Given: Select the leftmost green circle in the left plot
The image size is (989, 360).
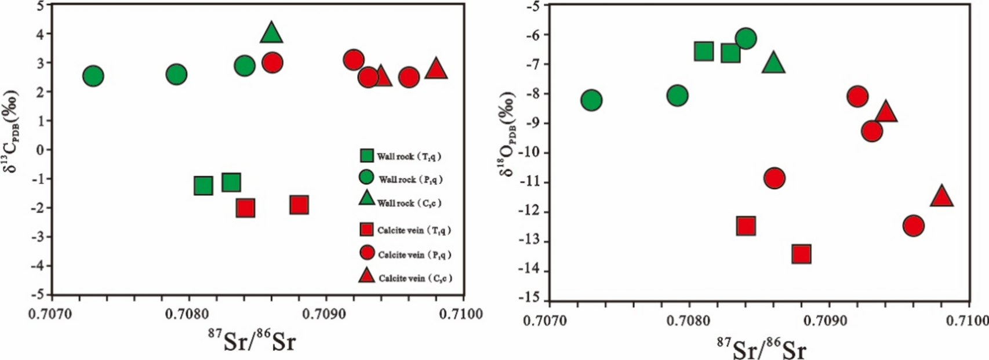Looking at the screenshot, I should tap(93, 76).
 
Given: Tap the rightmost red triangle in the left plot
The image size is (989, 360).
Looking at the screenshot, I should tap(436, 70).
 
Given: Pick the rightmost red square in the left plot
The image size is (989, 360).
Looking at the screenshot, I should tap(299, 205).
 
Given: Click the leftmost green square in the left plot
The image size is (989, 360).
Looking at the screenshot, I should tap(203, 186).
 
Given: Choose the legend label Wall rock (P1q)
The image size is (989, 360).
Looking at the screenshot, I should tap(410, 180).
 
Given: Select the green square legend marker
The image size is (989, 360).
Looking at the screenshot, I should tap(366, 155).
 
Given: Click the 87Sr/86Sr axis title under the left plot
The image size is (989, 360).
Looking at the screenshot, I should tap(251, 341).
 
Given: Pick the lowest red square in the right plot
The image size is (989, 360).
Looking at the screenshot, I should tap(801, 254).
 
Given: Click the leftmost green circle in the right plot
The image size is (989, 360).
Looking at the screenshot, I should tap(591, 100).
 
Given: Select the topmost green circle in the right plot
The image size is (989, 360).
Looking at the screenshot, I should tap(746, 39).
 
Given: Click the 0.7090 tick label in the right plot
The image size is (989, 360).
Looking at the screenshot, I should tap(830, 321).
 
